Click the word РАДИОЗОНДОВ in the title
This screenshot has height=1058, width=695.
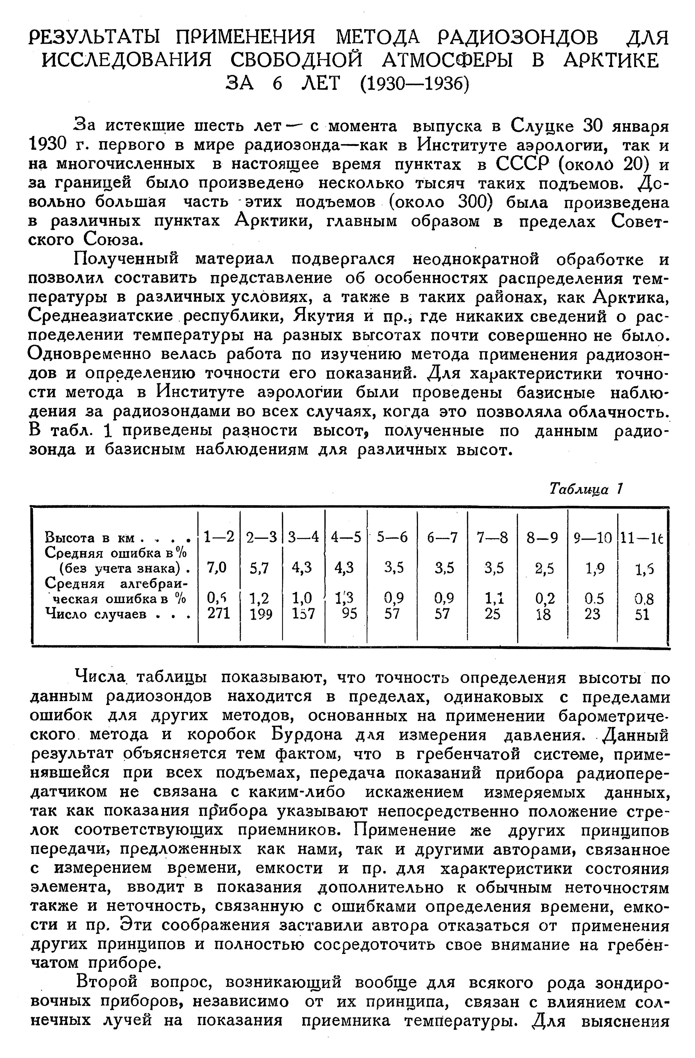click(x=518, y=38)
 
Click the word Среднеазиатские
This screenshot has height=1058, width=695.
click(x=100, y=316)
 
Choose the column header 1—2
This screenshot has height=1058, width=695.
click(x=219, y=538)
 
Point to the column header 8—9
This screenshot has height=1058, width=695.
click(x=542, y=538)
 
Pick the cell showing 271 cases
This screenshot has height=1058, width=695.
click(x=219, y=614)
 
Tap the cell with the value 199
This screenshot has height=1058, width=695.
click(x=261, y=614)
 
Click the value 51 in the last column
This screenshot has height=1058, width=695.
click(x=642, y=614)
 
